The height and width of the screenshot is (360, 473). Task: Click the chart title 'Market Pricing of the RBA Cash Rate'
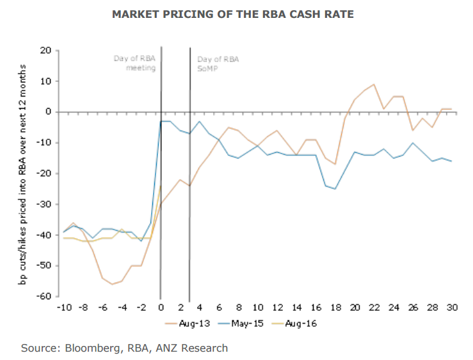point(236,13)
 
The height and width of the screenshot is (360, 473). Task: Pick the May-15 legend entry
point(249,323)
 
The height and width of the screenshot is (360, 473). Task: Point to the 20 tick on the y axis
point(45,50)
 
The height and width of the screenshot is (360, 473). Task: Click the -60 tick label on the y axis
point(44,297)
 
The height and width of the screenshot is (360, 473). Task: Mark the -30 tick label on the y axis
point(44,205)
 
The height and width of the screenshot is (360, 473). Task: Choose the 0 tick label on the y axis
point(48,112)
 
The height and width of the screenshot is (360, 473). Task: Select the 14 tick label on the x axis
point(296,307)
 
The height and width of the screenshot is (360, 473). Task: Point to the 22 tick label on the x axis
point(373,307)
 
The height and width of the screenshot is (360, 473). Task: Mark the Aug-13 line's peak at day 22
point(374,84)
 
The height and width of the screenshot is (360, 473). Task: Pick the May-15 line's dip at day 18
point(335,189)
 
